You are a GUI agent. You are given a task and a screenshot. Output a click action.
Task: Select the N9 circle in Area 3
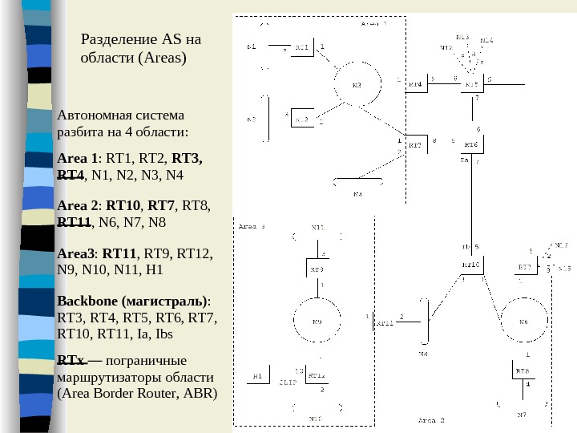click(317, 322)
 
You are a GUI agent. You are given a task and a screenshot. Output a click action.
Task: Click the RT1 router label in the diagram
click(303, 48)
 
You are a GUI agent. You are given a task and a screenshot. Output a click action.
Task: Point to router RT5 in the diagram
click(471, 83)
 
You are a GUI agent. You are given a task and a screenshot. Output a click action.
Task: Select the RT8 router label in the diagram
click(523, 370)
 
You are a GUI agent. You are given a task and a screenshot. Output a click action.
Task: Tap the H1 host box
click(257, 375)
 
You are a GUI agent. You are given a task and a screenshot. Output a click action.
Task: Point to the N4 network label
click(357, 194)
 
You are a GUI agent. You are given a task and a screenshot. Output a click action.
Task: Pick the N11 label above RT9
click(318, 228)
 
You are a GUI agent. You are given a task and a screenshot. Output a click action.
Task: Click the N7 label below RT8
click(522, 414)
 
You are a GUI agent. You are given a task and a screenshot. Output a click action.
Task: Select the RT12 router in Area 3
click(316, 375)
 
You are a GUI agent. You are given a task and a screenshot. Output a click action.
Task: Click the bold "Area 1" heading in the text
click(78, 159)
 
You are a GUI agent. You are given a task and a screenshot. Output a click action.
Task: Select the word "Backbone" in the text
click(87, 302)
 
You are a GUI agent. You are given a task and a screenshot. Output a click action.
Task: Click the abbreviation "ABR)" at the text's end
click(200, 394)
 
